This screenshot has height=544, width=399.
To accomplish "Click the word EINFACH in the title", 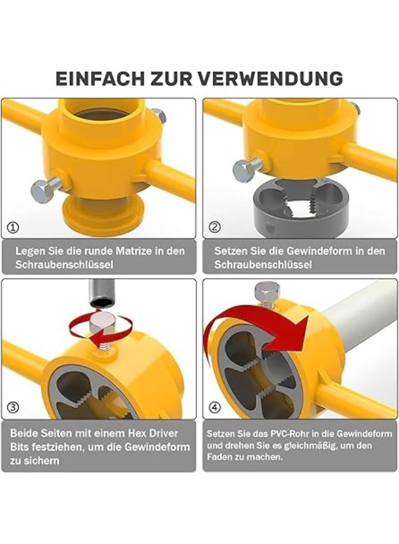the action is click(x=100, y=79).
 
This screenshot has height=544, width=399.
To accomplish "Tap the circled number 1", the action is click(x=13, y=228).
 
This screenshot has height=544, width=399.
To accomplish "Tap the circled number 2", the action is click(x=215, y=227).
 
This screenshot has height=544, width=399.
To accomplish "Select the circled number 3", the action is click(x=13, y=407).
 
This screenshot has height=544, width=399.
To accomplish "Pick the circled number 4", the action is click(x=215, y=407).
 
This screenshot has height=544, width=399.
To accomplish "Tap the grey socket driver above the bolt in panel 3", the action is click(x=102, y=294).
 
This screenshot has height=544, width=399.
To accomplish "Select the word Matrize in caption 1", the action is click(x=135, y=251).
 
